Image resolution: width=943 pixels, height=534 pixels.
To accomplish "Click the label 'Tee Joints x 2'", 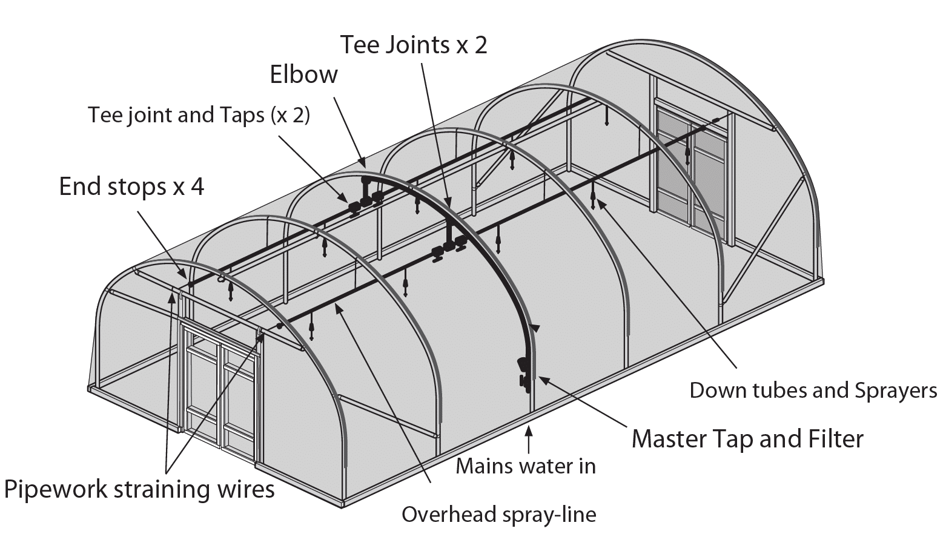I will (x=413, y=45).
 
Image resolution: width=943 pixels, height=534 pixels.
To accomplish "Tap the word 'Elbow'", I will (x=303, y=74).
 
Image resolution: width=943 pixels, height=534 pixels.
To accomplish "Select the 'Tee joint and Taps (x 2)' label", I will (x=199, y=115).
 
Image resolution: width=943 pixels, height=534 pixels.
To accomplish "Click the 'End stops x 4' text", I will (x=131, y=186).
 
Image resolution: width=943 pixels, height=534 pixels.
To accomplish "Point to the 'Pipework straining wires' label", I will (x=139, y=489).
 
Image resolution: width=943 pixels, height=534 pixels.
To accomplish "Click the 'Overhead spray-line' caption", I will (x=498, y=515).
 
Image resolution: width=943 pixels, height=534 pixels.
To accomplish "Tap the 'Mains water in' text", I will (x=526, y=466).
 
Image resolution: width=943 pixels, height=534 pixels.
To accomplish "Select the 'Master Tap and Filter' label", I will (x=747, y=438).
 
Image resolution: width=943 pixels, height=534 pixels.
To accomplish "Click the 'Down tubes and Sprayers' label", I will (x=813, y=391).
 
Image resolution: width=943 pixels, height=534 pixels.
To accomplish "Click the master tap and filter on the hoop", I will (x=523, y=372).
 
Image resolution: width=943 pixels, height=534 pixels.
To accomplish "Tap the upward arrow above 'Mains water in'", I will (x=529, y=439).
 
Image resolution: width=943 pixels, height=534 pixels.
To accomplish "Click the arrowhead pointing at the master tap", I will (x=543, y=380).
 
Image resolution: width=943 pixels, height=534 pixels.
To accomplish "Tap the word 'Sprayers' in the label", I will (x=896, y=391).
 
